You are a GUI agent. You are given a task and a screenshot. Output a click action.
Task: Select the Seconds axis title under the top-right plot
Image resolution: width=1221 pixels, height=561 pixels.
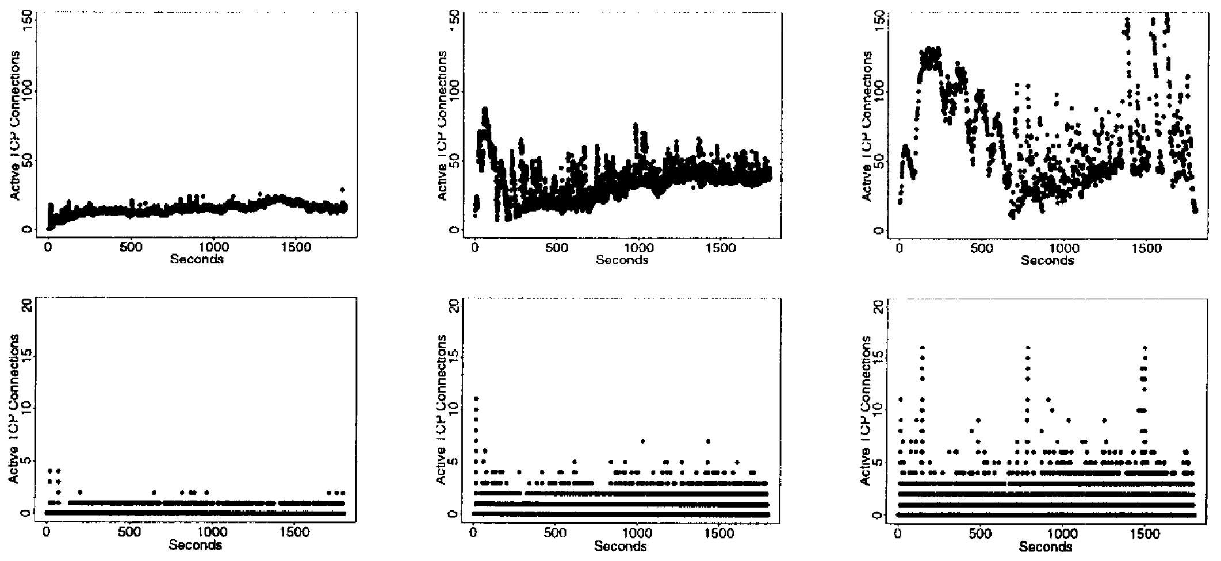point(1047,260)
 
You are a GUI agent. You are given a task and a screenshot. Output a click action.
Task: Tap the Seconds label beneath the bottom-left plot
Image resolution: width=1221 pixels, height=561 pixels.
point(195,544)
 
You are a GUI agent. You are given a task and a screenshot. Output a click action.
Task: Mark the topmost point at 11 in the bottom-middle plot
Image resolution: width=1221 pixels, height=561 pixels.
point(476,398)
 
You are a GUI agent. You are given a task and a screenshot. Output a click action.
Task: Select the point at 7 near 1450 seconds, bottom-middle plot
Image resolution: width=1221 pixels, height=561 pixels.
point(708,441)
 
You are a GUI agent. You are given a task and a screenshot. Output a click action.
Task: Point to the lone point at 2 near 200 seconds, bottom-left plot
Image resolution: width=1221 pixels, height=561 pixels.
point(80,492)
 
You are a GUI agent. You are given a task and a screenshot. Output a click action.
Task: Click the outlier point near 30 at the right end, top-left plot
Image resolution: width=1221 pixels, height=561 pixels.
point(342,189)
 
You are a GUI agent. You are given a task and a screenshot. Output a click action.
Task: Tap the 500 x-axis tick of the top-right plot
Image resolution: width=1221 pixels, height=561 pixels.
point(982,248)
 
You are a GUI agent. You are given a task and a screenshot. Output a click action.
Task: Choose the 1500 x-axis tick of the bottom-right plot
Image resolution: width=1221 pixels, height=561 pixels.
point(1142,533)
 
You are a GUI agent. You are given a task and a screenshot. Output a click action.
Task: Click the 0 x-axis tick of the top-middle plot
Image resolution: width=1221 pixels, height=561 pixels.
point(474,248)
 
